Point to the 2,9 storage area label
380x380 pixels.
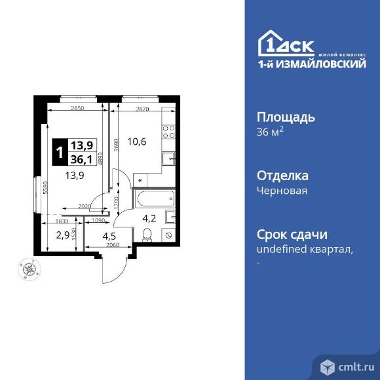(62, 234)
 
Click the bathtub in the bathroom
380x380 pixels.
(155, 197)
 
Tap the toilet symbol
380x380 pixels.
(147, 235)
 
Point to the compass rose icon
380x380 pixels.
(28, 269)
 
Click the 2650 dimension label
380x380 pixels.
(78, 107)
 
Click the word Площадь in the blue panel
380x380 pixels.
(285, 118)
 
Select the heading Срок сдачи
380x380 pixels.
(292, 235)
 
